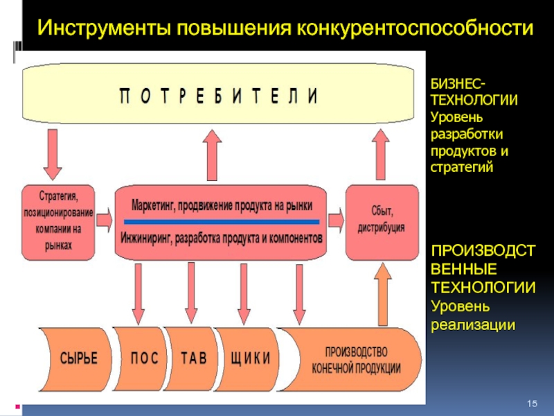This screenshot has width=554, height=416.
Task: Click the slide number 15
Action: click(533, 404)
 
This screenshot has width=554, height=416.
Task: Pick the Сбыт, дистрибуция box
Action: click(382, 221)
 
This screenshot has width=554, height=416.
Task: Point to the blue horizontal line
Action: click(222, 221)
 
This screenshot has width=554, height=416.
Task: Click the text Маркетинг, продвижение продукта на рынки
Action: click(222, 206)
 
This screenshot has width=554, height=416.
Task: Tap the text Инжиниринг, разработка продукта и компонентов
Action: click(222, 238)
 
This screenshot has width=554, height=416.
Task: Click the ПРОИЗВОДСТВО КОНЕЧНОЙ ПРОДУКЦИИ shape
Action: click(353, 358)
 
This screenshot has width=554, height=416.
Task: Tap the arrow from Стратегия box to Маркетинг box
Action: click(105, 220)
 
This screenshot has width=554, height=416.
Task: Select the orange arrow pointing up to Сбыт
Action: click(382, 295)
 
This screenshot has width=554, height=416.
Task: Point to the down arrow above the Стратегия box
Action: click(51, 154)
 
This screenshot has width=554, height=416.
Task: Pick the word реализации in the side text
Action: click(473, 324)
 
